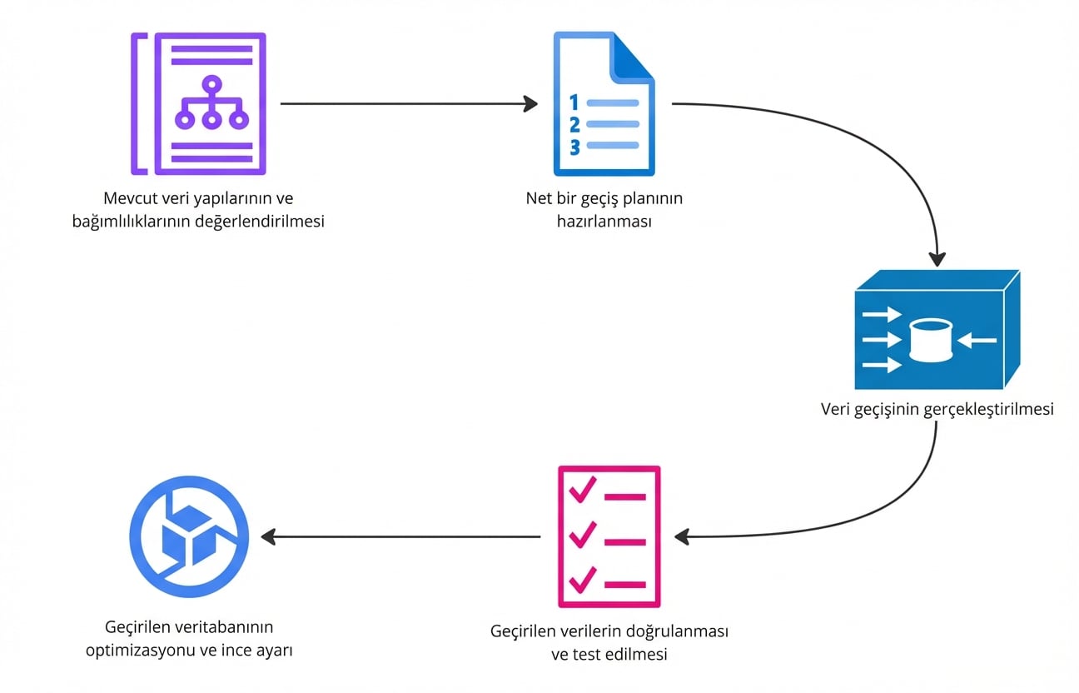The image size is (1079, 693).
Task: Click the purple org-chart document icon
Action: (200, 103)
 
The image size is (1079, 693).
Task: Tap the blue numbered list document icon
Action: (604, 103)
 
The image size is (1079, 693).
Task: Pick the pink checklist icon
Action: (609, 536)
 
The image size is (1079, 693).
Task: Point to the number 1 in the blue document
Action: (573, 102)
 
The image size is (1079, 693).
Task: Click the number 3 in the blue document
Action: (574, 147)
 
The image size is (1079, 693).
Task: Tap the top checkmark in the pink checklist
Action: (582, 491)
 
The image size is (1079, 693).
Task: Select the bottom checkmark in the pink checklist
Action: (582, 579)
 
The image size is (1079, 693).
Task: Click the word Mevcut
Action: (130, 200)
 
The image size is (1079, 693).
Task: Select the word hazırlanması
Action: (604, 222)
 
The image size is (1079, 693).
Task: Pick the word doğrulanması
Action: (676, 632)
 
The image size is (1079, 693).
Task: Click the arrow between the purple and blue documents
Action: (409, 103)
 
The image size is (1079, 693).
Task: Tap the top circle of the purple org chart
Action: (211, 82)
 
